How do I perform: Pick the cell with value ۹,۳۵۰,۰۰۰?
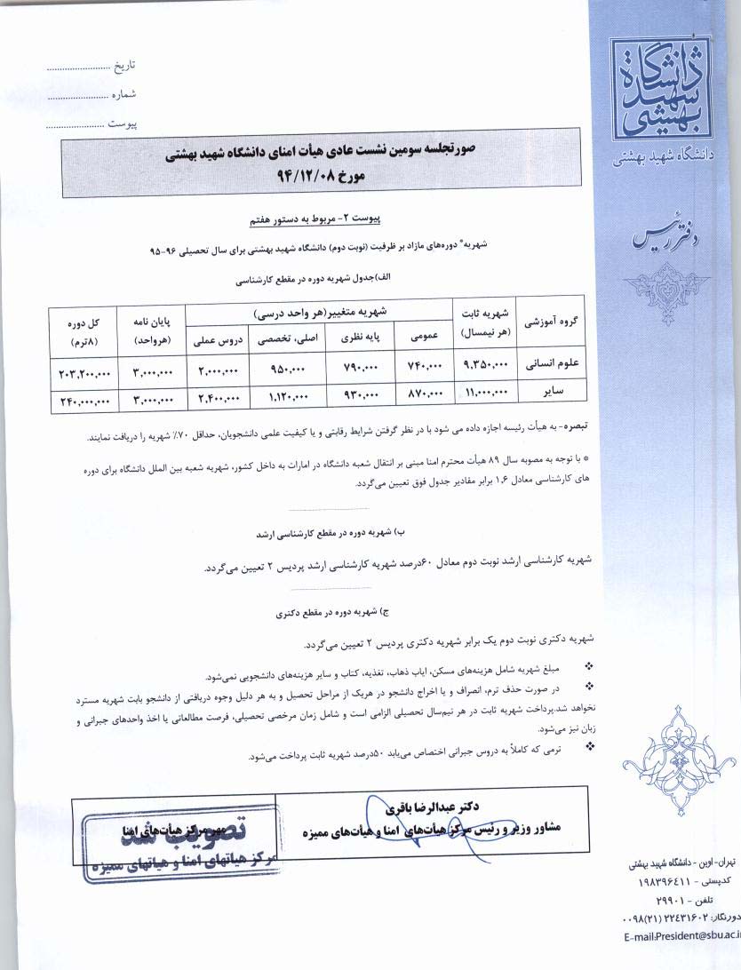tap(484, 364)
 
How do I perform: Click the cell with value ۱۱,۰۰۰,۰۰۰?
tap(484, 392)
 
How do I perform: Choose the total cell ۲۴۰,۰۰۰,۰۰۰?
tap(83, 399)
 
